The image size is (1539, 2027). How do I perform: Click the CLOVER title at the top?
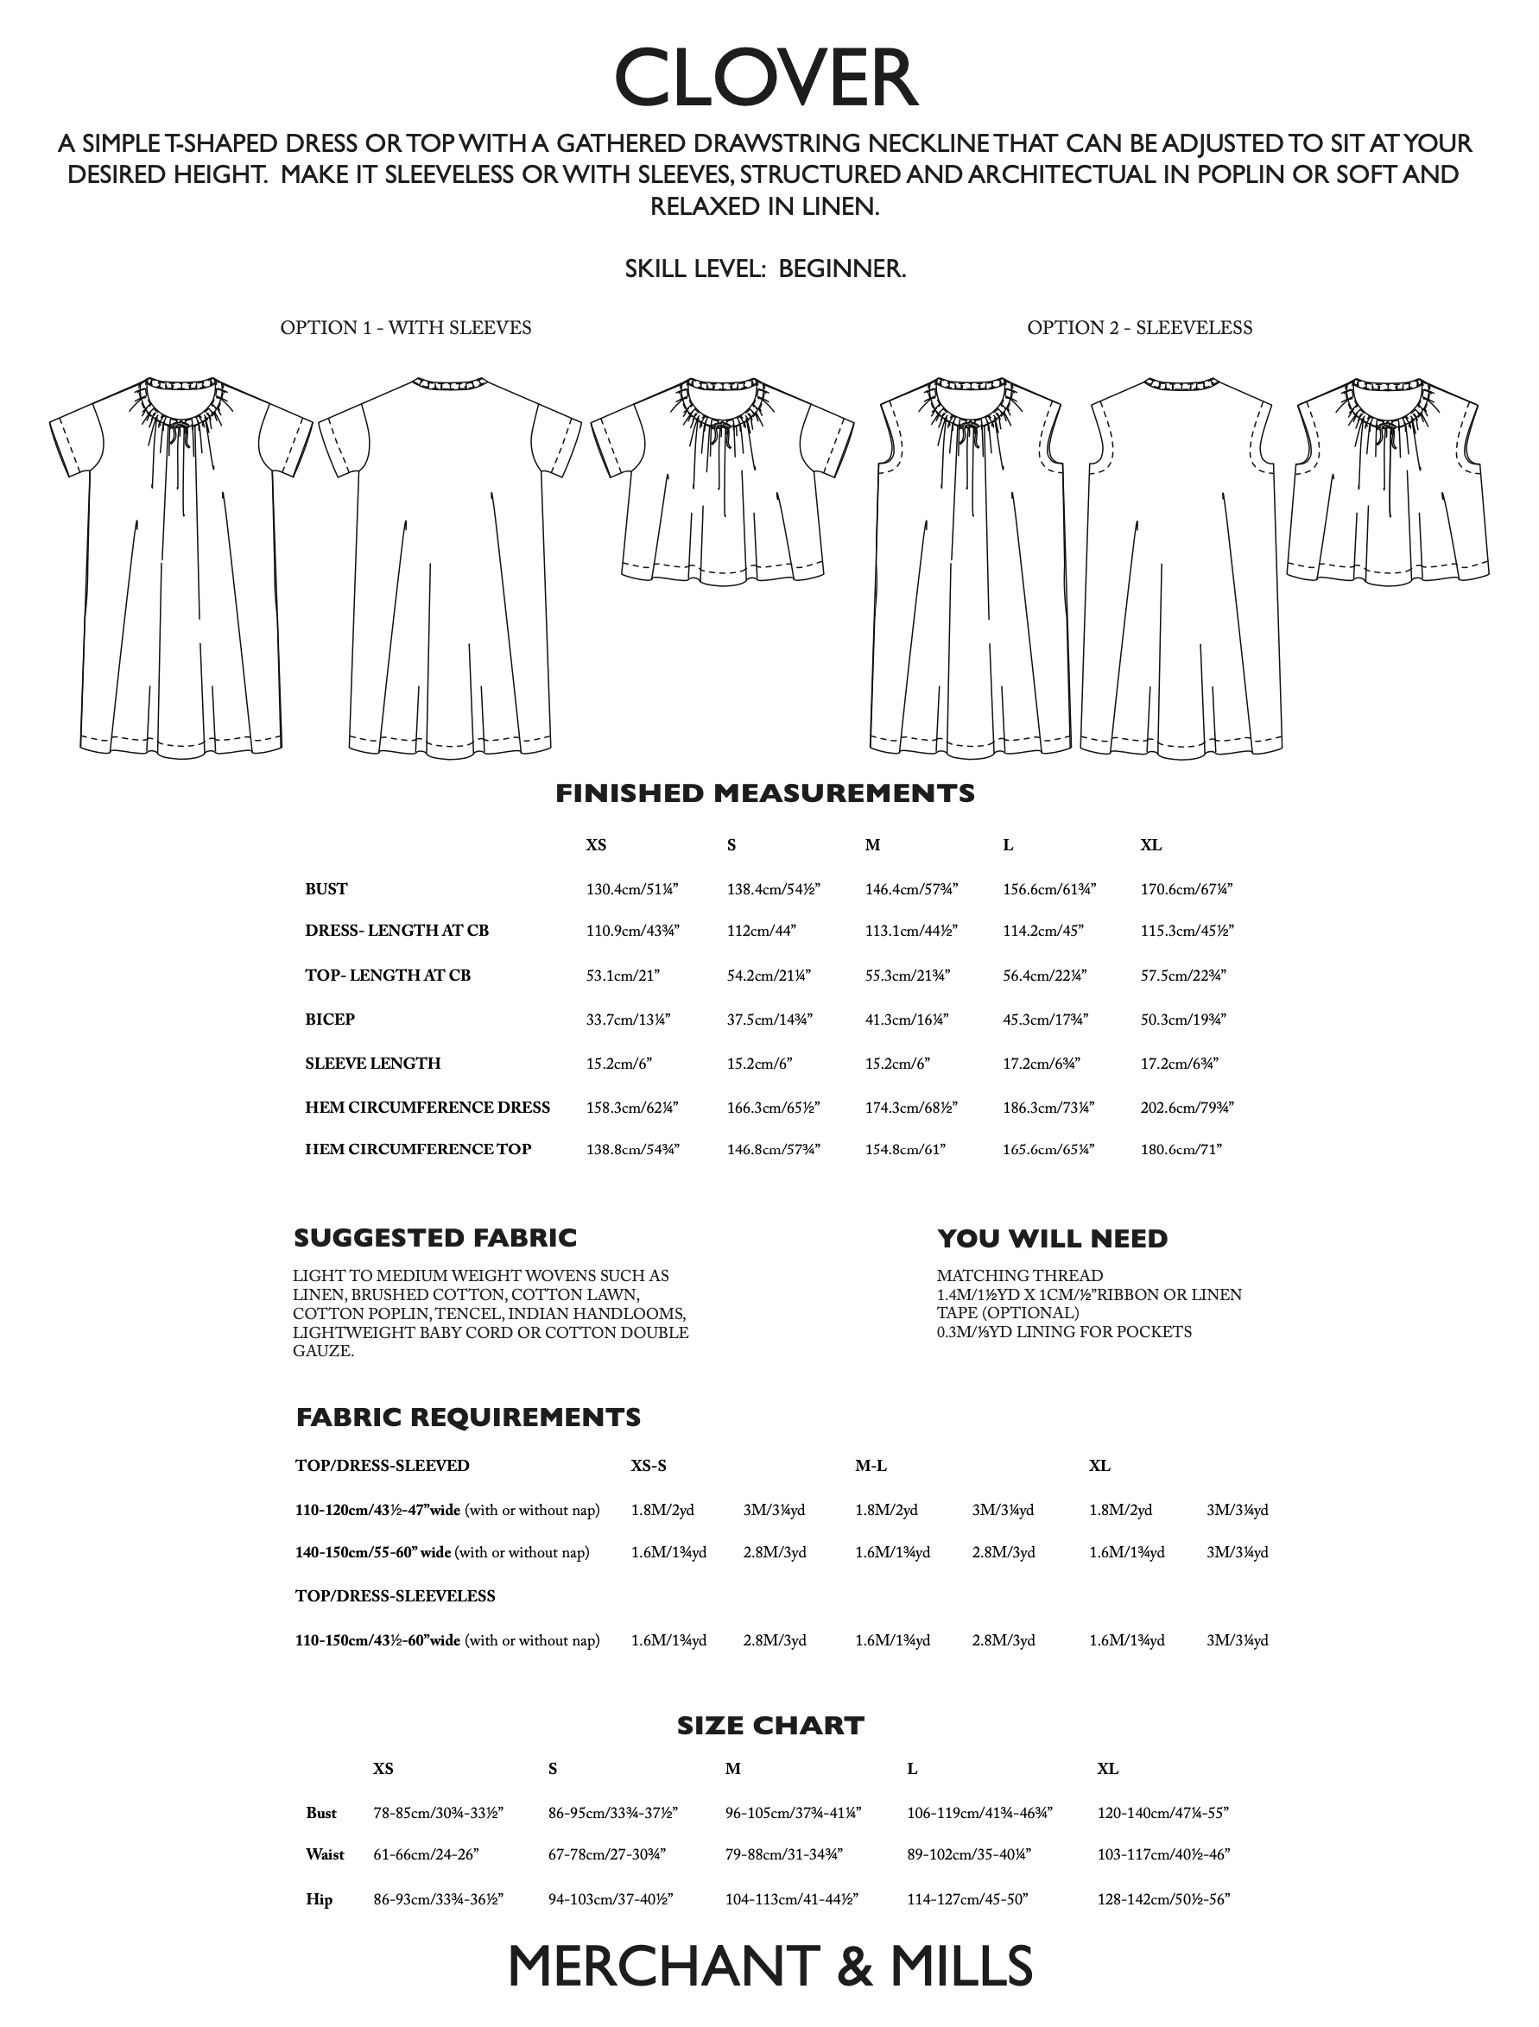coord(766,79)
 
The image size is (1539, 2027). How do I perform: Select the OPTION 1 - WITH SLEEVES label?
coord(405,328)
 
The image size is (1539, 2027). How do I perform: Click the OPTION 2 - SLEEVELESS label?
coord(1138,328)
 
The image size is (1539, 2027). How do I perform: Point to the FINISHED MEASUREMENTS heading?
coord(765,793)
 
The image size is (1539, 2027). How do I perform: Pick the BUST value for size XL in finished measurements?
coord(1186,889)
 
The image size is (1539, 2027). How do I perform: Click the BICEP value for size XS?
coord(628,1019)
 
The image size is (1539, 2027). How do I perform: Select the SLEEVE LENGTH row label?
coord(372,1063)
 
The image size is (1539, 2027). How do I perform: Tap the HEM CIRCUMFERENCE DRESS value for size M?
coord(910,1107)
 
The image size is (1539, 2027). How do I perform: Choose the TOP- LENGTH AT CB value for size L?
coord(1044,975)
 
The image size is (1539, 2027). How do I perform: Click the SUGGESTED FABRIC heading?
coord(435,1238)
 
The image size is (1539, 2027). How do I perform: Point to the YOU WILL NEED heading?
coord(1052,1239)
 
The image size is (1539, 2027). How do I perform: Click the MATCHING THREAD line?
coord(1019,1276)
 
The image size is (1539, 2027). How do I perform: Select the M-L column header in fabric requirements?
coord(871,1465)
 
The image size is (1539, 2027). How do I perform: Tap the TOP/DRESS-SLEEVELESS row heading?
coord(395,1595)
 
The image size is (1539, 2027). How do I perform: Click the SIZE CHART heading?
coord(770,1726)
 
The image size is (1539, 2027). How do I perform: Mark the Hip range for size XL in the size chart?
coord(1162,1899)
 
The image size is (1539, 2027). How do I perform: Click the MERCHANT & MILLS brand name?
coord(770,1967)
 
